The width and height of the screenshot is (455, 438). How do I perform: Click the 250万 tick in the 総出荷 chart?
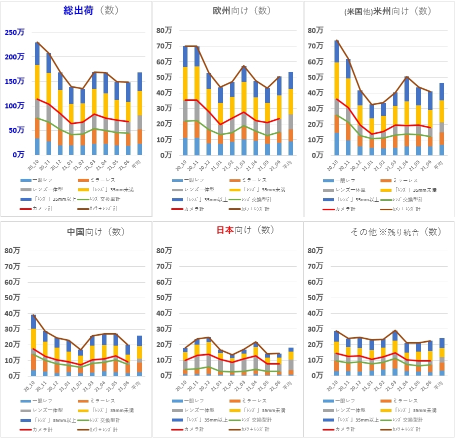[x=13, y=32]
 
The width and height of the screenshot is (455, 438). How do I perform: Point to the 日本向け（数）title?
[x=245, y=230]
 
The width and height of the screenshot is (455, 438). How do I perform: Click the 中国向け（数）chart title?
[x=94, y=231]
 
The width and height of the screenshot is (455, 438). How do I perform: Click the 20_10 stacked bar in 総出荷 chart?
[x=37, y=100]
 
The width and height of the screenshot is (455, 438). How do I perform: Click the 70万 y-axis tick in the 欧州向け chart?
[x=165, y=46]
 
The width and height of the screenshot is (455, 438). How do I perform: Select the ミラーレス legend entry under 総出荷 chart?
[x=103, y=180]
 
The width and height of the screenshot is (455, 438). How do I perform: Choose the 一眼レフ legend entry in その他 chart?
[x=345, y=401]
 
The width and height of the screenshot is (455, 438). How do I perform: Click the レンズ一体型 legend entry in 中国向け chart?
[x=43, y=410]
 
